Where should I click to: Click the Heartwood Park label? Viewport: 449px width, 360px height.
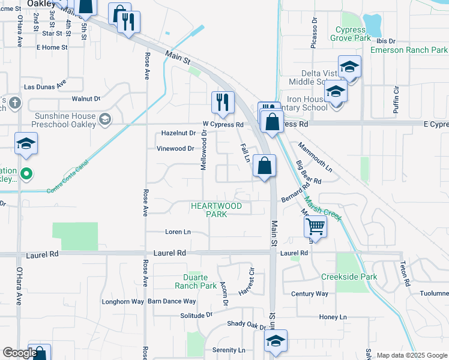coord(216,210)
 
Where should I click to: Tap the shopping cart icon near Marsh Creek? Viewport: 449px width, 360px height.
coord(315,227)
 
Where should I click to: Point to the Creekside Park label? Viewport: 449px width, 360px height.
coord(349,277)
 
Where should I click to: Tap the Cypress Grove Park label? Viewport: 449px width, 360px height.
coord(351,34)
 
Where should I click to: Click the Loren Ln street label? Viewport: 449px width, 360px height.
coord(178,232)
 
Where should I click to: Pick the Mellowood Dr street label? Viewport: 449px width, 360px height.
coord(204,152)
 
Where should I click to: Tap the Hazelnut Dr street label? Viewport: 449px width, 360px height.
coord(179,133)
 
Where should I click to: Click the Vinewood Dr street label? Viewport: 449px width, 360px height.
coord(175,148)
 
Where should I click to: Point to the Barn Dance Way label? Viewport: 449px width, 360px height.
coord(172,301)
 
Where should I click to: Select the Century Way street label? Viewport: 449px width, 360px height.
coord(310,293)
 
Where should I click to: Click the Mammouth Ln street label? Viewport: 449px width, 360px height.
coord(314,154)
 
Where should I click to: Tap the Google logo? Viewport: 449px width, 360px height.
coord(20,353)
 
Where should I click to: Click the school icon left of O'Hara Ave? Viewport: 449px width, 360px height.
coord(26,144)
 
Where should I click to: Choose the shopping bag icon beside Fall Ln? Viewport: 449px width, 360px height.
coord(264,166)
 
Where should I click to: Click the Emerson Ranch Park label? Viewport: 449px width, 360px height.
coord(409,50)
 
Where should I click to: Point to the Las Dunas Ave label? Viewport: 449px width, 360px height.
coord(44,87)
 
